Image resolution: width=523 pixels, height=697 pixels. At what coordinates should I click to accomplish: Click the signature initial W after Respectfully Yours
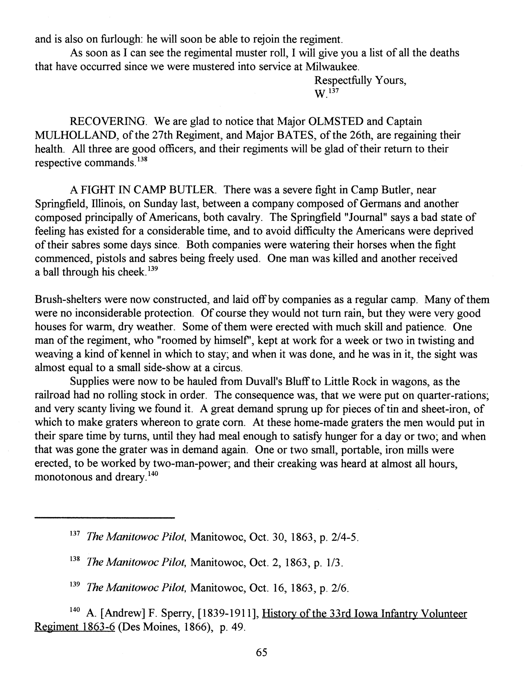point(320,94)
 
